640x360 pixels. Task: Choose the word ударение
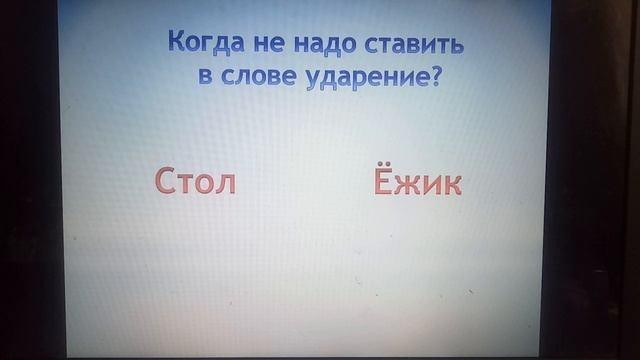365,79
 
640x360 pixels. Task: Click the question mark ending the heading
435,77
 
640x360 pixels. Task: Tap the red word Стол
195,182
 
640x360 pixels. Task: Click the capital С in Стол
167,182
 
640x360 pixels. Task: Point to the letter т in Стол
189,184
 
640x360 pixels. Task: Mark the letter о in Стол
208,184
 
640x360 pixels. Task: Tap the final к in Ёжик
452,184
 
